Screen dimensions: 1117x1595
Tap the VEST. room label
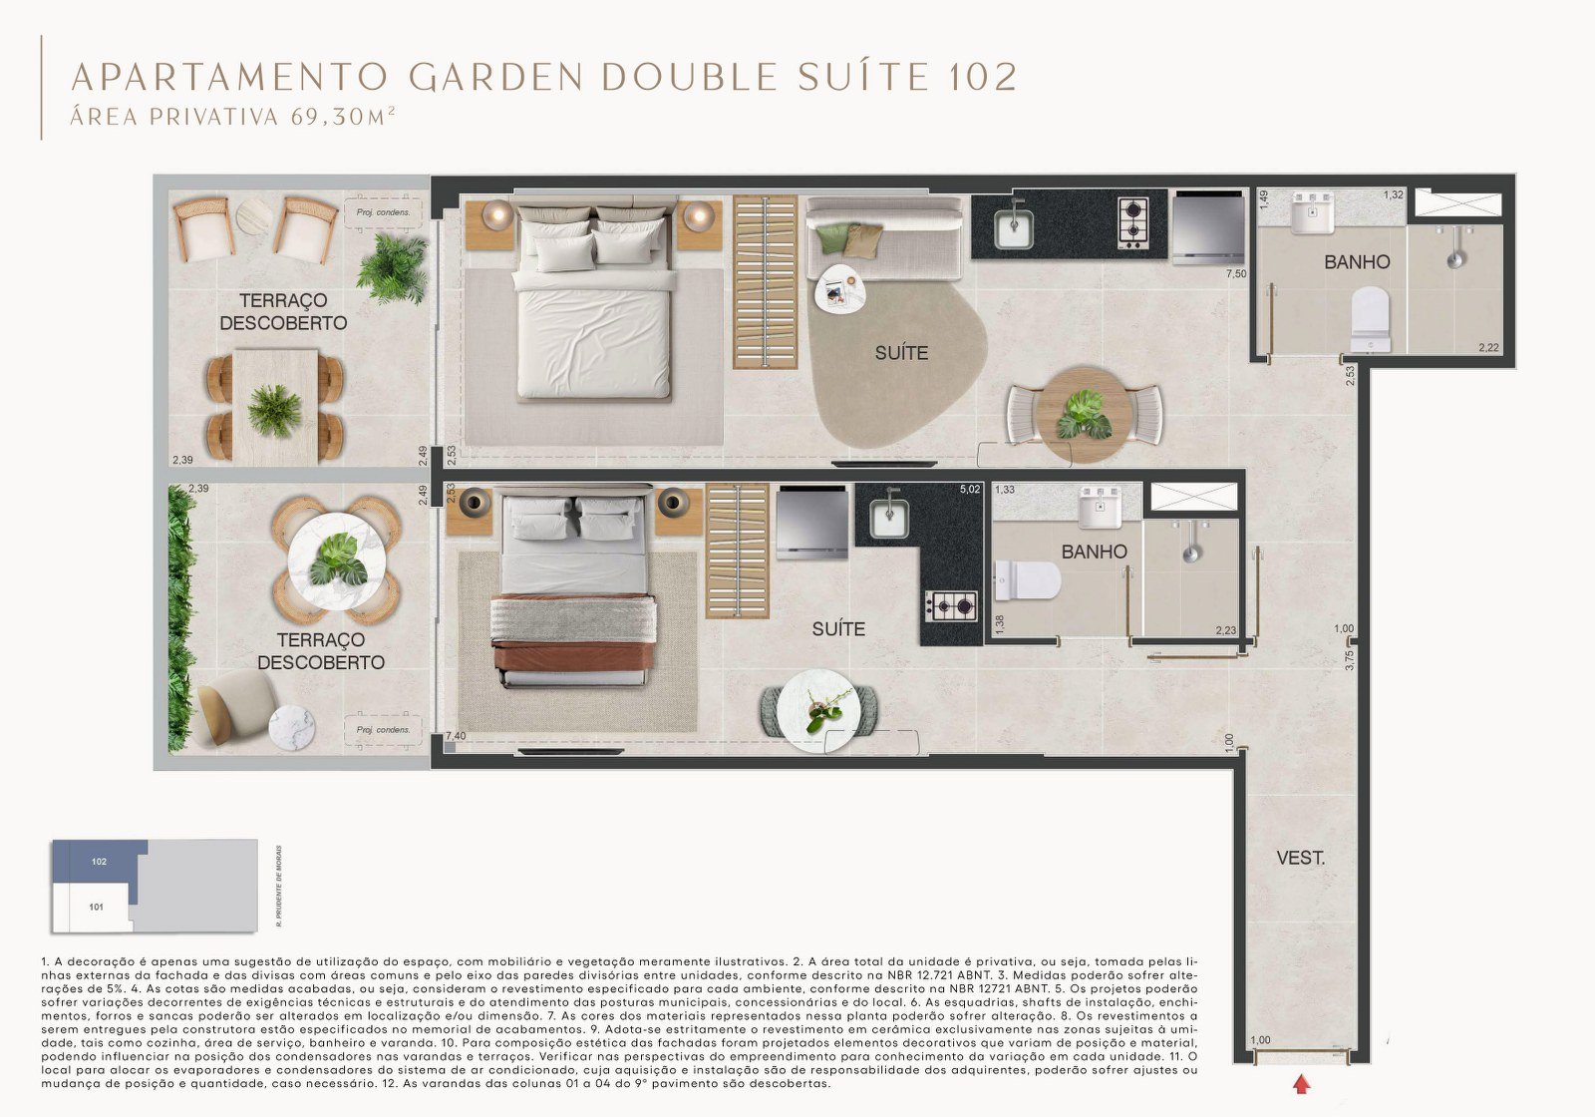pos(1300,858)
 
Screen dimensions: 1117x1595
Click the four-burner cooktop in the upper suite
pos(1133,223)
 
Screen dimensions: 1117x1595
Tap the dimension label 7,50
pos(1235,273)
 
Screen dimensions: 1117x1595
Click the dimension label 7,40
pos(455,736)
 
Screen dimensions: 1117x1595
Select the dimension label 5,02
pos(969,490)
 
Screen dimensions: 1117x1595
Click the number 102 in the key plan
pos(99,862)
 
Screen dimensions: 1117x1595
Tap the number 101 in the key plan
pos(96,908)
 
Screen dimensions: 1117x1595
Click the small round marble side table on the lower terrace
pos(291,726)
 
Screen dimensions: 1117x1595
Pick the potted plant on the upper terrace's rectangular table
pos(274,410)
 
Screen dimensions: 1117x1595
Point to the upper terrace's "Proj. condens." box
pos(384,211)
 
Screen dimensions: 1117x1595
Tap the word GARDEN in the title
pos(495,77)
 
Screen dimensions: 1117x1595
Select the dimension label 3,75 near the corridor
pos(1349,659)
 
